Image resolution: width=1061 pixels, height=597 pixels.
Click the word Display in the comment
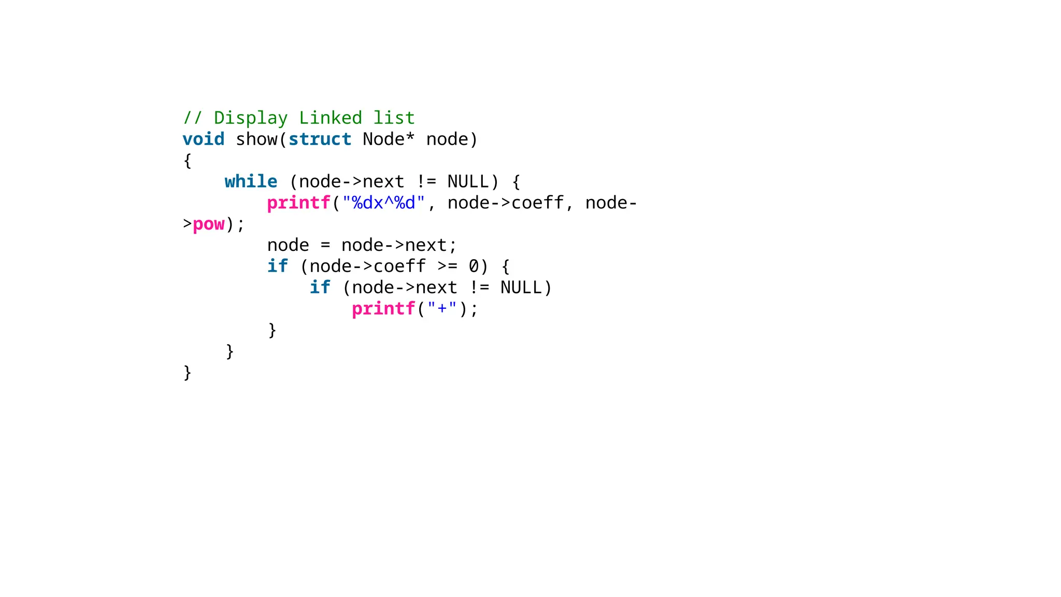click(250, 118)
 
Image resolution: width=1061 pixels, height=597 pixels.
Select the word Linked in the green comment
click(330, 118)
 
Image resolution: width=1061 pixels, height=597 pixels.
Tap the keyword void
click(203, 139)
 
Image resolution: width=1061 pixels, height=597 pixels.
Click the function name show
click(256, 139)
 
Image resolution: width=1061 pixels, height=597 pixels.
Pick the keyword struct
click(320, 139)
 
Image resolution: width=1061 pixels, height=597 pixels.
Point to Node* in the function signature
click(389, 139)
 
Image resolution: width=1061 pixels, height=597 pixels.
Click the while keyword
click(251, 182)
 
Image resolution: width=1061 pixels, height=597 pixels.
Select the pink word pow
click(208, 224)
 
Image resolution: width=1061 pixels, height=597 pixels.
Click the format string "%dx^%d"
click(383, 203)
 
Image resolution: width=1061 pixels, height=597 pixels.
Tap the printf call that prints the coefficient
click(298, 203)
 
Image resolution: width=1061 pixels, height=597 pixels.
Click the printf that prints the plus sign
click(383, 309)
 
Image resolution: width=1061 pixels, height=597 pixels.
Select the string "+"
click(442, 309)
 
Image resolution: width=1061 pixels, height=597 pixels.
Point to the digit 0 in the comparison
click(474, 267)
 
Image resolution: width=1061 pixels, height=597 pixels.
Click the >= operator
click(447, 267)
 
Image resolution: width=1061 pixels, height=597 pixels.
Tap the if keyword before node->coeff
click(277, 267)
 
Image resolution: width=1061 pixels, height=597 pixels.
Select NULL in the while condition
click(468, 182)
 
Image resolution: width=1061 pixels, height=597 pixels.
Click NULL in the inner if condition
click(521, 288)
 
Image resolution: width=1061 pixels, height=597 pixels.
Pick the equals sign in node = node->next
click(325, 246)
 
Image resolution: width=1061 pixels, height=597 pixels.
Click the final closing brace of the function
click(187, 373)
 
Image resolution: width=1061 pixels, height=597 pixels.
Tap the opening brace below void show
click(187, 161)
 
